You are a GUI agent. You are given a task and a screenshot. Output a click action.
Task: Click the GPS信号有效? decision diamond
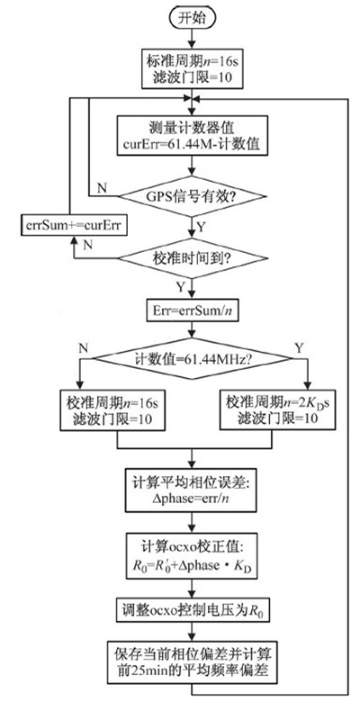[188, 193]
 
